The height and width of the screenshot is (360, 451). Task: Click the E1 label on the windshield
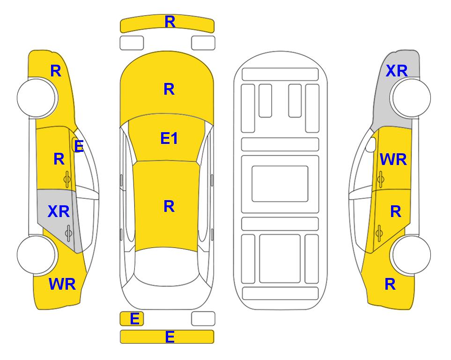tap(169, 138)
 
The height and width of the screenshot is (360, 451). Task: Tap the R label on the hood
tap(169, 89)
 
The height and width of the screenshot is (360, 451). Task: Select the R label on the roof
tap(169, 206)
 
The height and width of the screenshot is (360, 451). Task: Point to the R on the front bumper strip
tap(170, 22)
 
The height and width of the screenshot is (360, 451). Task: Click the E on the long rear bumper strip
tap(170, 337)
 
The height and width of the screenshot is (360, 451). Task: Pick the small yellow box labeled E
tap(132, 319)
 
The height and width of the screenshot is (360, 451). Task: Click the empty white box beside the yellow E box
tap(203, 319)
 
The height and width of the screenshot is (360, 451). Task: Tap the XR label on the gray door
tap(59, 211)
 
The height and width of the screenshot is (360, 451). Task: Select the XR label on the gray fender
tap(397, 71)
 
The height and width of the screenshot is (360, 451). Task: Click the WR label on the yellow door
tap(393, 159)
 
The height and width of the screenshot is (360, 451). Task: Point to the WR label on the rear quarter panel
tap(62, 284)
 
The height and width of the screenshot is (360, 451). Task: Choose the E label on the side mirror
tap(79, 146)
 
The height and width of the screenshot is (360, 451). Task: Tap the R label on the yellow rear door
tap(395, 212)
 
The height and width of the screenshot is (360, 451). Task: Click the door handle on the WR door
tap(381, 179)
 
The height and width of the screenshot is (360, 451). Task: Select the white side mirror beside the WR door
tap(371, 144)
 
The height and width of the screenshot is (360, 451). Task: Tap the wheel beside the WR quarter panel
tap(37, 255)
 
